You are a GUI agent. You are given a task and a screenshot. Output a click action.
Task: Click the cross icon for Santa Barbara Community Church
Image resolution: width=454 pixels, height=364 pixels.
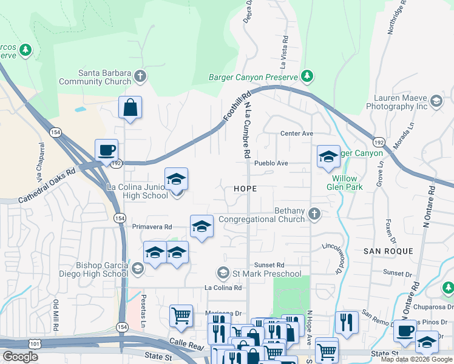tap(140, 76)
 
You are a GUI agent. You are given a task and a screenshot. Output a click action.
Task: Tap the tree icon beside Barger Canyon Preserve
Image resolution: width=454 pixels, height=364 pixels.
tap(308, 76)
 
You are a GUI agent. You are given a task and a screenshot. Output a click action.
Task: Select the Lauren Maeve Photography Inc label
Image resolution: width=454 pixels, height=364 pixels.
tap(397, 101)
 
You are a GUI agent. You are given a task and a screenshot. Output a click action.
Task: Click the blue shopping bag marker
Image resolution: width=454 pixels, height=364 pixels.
tap(130, 109)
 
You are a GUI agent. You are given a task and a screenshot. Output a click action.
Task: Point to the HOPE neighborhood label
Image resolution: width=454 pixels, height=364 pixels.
tap(245, 189)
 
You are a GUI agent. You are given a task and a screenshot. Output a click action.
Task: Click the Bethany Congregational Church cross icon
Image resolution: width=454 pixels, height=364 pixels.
tap(314, 213)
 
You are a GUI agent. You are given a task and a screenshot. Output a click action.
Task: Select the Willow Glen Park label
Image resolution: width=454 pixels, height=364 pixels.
tap(347, 183)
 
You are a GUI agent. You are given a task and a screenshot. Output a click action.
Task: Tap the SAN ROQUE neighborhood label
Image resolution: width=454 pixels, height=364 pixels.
tap(388, 251)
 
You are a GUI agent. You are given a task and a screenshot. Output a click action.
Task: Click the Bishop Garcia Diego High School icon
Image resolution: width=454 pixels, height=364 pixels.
tap(138, 269)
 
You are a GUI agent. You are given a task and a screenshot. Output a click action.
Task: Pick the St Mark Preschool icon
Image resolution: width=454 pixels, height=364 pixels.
tap(223, 274)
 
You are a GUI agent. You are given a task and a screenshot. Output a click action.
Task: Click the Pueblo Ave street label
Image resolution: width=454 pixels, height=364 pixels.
tap(271, 163)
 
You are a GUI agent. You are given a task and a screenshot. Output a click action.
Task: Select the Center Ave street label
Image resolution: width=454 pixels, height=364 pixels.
tap(296, 133)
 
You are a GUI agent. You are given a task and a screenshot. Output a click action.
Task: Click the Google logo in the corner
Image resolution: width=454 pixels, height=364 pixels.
tap(20, 357)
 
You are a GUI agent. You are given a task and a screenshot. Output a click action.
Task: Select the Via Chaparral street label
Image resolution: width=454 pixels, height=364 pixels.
tap(41, 163)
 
